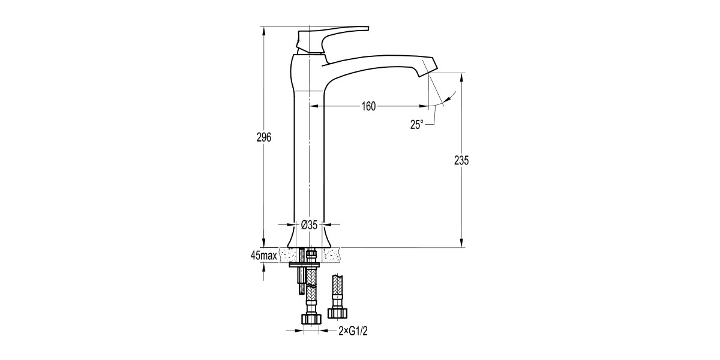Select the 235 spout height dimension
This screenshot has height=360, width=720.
pyautogui.click(x=461, y=160)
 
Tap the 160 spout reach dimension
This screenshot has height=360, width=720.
pyautogui.click(x=368, y=107)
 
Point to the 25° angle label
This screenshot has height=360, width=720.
pyautogui.click(x=417, y=124)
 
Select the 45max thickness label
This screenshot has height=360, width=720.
pyautogui.click(x=264, y=255)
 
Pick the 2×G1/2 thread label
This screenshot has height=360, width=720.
pyautogui.click(x=352, y=331)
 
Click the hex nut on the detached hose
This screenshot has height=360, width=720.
pyautogui.click(x=337, y=313)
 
